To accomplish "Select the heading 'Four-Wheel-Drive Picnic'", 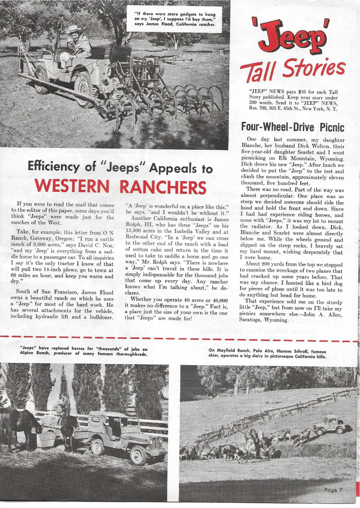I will point(292,127).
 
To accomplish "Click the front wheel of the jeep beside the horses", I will point(98,447).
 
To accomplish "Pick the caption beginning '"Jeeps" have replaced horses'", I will point(84,351).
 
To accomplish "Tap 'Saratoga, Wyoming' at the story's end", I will point(263,320).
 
